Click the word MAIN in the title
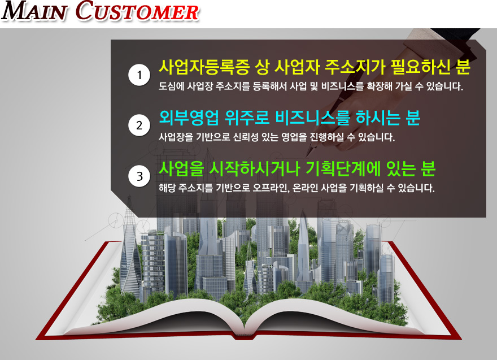34,11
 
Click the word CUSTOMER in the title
137,11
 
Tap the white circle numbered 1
139,75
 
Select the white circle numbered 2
139,125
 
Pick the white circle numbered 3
139,176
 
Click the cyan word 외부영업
189,118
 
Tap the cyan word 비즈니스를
313,118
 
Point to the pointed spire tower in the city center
303,244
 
